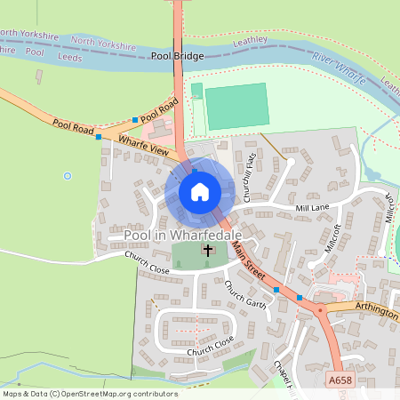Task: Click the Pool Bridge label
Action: pos(177,56)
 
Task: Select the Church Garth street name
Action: pos(244,294)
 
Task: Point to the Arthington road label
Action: pos(373,303)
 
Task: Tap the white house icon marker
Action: pos(200,191)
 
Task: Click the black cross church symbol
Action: pos(209,251)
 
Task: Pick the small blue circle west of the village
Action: pos(67,176)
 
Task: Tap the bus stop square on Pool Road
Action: pos(135,119)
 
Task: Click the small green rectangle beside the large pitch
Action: pos(196,91)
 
